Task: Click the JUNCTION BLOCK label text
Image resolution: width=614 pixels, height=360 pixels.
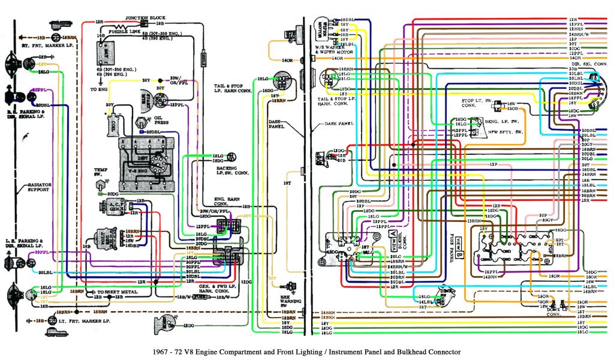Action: coord(145,18)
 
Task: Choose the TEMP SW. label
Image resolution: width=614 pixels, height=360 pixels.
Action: coord(100,173)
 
